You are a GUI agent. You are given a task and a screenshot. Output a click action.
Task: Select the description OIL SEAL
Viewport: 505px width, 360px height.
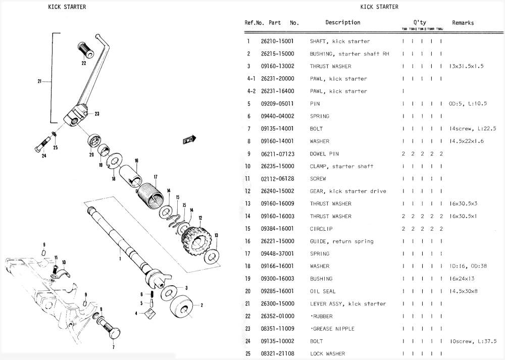coord(322,291)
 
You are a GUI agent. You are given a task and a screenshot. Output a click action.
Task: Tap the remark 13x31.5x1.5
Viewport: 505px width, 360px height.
coord(467,66)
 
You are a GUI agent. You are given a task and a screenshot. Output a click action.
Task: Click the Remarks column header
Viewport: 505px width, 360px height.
coord(463,23)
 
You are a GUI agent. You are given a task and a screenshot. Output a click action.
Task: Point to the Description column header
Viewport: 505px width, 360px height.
coord(342,23)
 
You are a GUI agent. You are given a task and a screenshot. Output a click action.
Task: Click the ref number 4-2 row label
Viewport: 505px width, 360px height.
coord(250,91)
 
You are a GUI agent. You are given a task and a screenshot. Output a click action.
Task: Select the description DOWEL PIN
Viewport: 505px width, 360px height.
coord(324,154)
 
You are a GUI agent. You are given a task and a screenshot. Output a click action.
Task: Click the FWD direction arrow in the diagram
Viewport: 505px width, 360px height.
coord(189,140)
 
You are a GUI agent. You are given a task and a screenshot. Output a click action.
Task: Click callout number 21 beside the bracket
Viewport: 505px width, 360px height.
coord(39,81)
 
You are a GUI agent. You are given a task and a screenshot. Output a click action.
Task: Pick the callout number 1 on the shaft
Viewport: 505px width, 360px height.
coord(120,259)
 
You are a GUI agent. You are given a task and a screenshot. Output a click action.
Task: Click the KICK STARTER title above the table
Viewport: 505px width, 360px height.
coord(379,7)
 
